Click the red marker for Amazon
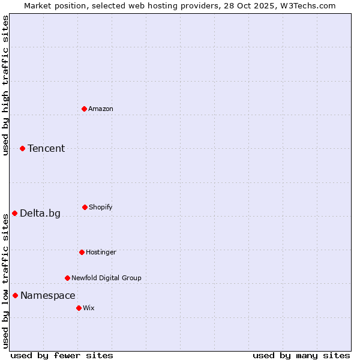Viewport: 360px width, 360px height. point(84,109)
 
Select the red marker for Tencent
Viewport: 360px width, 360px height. point(22,148)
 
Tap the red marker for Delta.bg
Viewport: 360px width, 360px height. point(14,213)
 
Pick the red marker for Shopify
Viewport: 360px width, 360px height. point(85,207)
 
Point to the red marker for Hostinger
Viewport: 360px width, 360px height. point(82,252)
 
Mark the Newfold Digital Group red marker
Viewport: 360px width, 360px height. point(67,278)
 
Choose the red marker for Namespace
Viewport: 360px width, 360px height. point(15,295)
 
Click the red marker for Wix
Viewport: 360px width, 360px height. point(79,308)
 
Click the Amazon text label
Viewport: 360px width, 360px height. point(101,109)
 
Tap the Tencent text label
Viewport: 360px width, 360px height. point(46,148)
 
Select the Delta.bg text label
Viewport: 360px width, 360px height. point(40,213)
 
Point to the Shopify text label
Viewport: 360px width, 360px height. point(101,207)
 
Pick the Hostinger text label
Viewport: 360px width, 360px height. point(101,252)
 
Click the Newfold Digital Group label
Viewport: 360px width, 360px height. point(107,278)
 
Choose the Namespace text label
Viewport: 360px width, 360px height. point(48,295)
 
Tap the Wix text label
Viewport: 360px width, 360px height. point(89,308)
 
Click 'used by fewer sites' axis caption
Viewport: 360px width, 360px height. point(62,355)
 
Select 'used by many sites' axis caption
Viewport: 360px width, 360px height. point(301,355)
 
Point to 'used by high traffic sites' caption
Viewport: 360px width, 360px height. point(6,85)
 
